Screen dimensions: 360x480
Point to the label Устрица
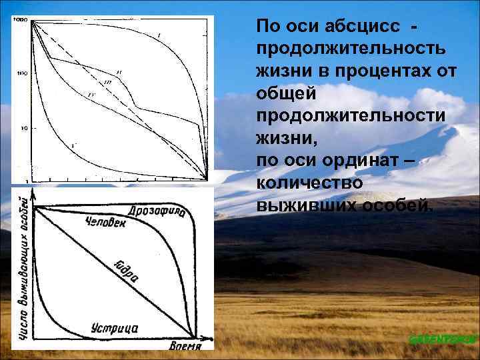point(114,328)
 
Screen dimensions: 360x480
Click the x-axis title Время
point(185,345)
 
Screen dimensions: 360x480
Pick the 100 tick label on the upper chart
point(21,73)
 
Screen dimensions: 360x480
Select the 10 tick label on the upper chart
point(23,127)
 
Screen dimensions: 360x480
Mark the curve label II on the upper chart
point(118,71)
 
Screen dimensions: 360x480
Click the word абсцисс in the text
point(360,26)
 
